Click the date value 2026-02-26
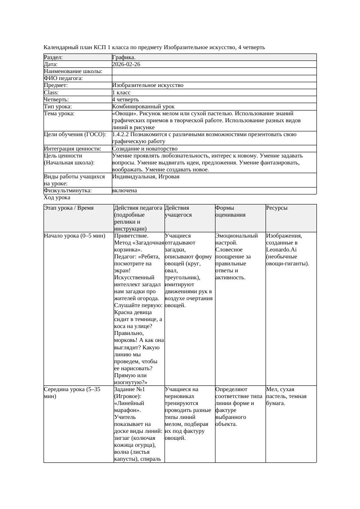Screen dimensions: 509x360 click(126, 64)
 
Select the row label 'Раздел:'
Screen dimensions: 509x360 click(54, 57)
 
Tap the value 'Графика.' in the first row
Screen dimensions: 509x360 click(124, 57)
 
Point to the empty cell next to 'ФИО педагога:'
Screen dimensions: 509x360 click(214, 78)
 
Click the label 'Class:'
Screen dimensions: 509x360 click(51, 93)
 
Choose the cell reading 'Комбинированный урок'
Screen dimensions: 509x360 click(143, 107)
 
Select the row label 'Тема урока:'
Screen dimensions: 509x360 click(59, 114)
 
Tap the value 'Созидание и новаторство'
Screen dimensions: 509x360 click(145, 149)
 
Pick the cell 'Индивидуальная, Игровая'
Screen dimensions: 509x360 click(146, 177)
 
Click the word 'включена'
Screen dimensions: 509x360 click(124, 191)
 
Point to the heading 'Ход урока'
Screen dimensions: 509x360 click(57, 198)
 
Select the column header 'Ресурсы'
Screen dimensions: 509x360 click(277, 208)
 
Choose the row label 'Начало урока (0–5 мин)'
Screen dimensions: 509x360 click(74, 236)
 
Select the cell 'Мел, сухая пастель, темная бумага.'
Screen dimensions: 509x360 click(286, 396)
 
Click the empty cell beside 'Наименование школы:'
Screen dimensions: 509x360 click(214, 71)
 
